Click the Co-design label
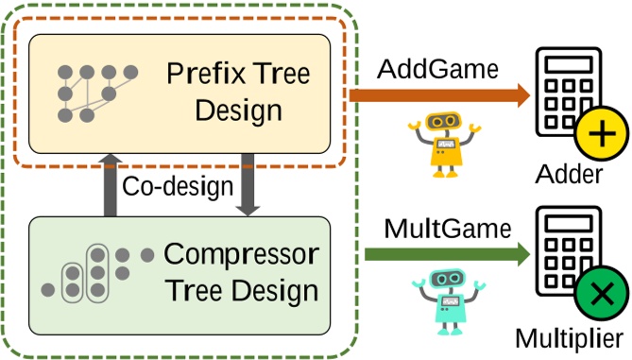(178, 185)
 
